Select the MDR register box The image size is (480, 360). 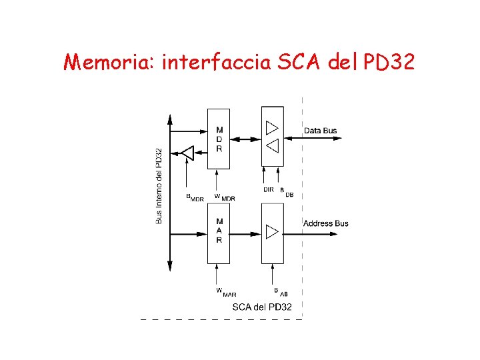(x=219, y=139)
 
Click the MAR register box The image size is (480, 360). (x=219, y=231)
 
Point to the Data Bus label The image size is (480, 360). (x=321, y=131)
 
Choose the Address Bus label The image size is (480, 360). (x=325, y=223)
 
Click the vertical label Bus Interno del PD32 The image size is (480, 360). (x=159, y=185)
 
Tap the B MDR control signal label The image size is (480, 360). (x=195, y=197)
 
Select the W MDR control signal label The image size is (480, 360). (x=224, y=197)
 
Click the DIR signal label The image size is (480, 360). (x=268, y=190)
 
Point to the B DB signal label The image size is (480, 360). (x=286, y=192)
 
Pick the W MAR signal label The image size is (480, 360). (x=225, y=291)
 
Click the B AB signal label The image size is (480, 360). (x=280, y=291)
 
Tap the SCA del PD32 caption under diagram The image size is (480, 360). (x=261, y=307)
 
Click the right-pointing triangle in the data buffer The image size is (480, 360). (x=272, y=128)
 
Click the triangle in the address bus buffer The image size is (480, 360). (x=272, y=232)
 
